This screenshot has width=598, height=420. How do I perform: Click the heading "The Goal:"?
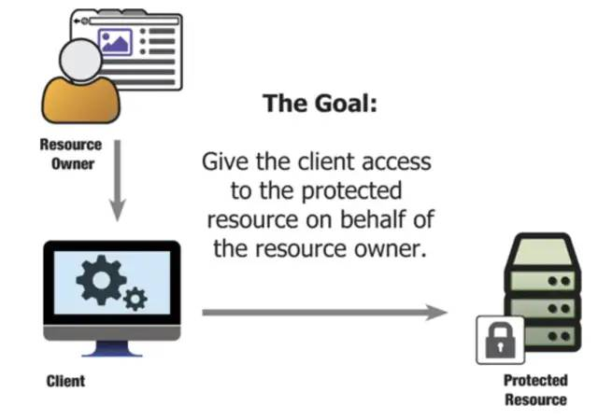click(320, 103)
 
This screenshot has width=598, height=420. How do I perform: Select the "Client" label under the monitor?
click(65, 381)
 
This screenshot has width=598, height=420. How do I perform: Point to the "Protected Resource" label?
click(535, 390)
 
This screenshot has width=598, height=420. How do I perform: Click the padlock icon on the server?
click(496, 342)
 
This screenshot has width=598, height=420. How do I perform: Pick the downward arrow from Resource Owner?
click(116, 182)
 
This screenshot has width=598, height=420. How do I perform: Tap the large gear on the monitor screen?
click(97, 276)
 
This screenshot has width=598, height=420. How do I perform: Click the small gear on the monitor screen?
click(135, 300)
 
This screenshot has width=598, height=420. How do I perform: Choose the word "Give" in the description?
click(224, 161)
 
